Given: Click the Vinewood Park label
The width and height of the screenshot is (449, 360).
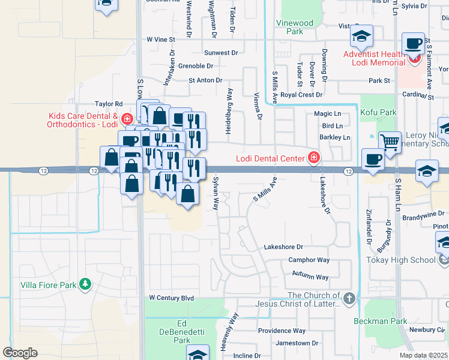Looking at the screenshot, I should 294,27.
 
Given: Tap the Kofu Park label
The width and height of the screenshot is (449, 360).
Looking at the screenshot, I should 378,112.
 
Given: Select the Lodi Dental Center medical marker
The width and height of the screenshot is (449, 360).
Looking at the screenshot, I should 313,158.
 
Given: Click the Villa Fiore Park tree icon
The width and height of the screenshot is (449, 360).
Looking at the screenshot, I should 86,284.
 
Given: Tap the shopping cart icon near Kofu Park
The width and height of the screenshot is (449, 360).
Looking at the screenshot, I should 390,143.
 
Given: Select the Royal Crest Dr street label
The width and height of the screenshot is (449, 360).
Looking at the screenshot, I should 301,95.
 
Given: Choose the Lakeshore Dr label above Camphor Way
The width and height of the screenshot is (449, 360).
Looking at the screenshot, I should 284,247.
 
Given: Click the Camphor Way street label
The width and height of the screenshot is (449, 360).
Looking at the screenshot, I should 309,260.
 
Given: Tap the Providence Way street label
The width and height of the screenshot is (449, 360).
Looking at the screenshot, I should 282,331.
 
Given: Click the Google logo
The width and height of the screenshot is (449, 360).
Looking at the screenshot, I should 20,352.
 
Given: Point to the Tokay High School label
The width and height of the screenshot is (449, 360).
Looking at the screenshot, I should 400,260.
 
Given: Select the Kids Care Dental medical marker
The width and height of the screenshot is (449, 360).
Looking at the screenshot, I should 126,116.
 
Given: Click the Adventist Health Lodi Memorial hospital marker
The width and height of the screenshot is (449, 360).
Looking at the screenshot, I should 412,60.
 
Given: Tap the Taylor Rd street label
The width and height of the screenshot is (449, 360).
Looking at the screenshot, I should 109,104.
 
